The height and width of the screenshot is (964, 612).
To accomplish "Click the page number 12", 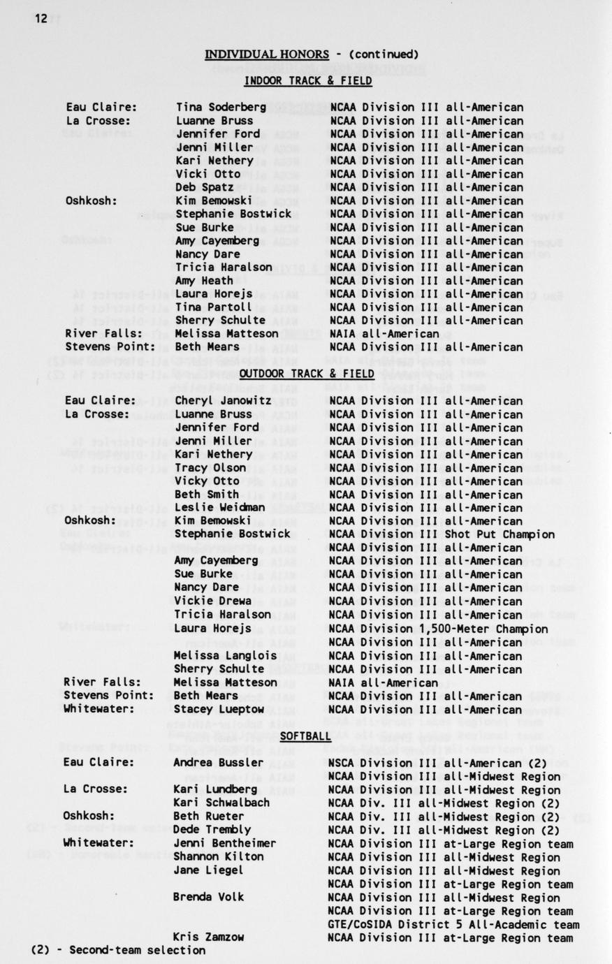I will click(x=41, y=19).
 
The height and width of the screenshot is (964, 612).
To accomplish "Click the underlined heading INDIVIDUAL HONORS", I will click(x=266, y=54).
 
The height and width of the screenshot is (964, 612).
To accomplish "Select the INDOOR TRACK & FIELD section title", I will click(x=307, y=81).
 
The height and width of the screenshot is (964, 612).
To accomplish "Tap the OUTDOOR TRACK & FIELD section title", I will click(x=307, y=374).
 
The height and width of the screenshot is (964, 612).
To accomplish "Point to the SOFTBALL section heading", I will click(x=305, y=736).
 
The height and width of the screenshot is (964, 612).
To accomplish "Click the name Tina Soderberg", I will click(x=221, y=107).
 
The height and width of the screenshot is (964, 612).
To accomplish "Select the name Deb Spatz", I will click(x=204, y=187).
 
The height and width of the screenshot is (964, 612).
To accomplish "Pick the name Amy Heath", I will click(x=204, y=281).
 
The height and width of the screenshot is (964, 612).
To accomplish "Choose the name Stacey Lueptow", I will click(x=219, y=709).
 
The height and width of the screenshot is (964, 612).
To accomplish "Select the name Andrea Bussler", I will click(x=218, y=763).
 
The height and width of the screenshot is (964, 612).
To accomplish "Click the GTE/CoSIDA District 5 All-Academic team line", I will click(x=453, y=925).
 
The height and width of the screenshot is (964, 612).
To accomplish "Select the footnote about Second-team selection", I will click(x=118, y=950).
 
